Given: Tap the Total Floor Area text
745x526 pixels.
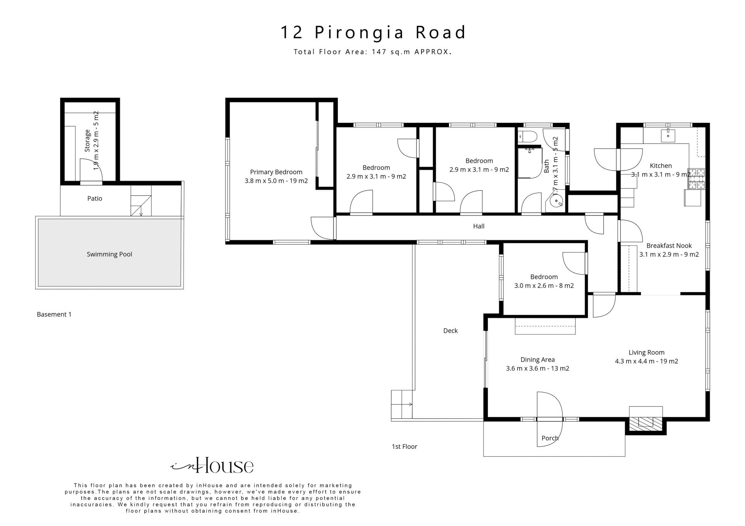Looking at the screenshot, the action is tap(372, 52).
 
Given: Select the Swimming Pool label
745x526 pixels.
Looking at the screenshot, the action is tap(109, 254).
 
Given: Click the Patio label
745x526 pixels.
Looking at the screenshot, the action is tap(95, 198).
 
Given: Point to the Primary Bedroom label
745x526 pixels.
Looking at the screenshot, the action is tap(276, 172).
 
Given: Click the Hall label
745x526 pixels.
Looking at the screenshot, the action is tap(479, 226).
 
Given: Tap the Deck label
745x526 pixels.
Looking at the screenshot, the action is tap(450, 331).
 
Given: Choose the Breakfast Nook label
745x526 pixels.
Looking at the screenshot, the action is tap(669, 246).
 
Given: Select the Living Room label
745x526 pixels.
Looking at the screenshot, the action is tap(646, 352).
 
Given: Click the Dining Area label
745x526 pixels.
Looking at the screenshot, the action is tap(537, 360).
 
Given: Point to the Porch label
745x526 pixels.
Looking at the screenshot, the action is tap(550, 438).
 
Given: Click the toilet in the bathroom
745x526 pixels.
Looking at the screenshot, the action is tap(527, 136).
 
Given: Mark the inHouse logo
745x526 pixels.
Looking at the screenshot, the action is tap(212, 465).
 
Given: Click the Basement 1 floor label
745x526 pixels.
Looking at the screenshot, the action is tap(54, 314).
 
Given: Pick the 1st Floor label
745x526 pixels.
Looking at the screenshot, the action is tap(404, 447).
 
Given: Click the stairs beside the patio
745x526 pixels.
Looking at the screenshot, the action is tap(141, 200).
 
